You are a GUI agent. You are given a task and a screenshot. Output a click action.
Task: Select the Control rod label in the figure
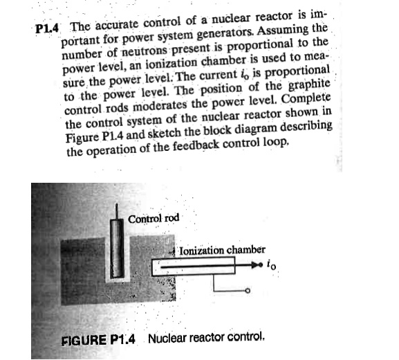pyautogui.click(x=154, y=218)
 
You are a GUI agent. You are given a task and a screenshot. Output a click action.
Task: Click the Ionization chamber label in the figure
pyautogui.click(x=222, y=251)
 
